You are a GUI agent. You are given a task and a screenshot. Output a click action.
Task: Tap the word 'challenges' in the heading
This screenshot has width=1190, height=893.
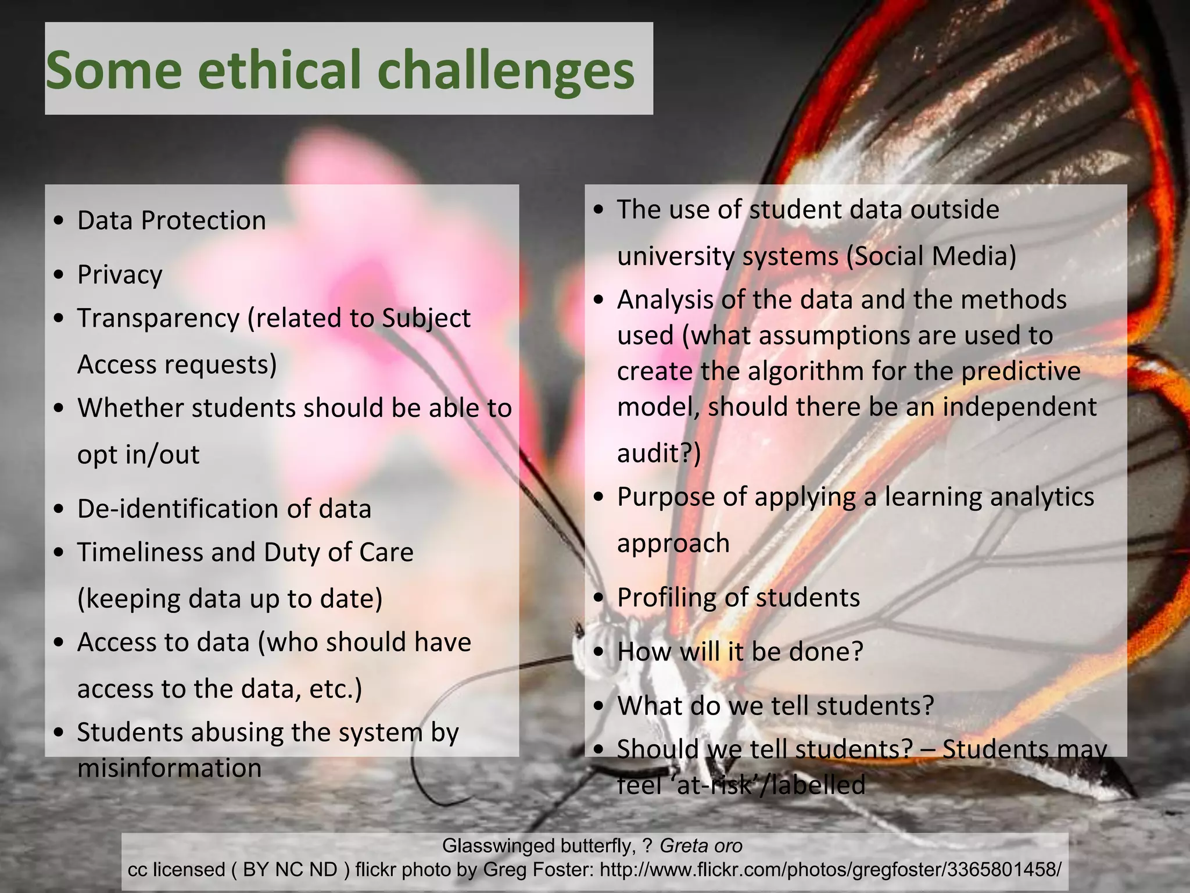pyautogui.click(x=506, y=71)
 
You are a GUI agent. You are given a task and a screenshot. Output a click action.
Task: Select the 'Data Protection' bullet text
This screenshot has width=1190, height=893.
pyautogui.click(x=171, y=221)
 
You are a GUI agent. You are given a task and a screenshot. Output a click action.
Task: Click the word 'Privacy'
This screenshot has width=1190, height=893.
pyautogui.click(x=120, y=274)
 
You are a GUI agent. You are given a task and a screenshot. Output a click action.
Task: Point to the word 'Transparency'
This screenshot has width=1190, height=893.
pyautogui.click(x=158, y=319)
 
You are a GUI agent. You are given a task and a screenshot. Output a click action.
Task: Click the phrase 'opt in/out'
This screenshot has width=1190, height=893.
pyautogui.click(x=138, y=455)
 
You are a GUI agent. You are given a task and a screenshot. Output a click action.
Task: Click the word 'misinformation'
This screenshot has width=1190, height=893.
pyautogui.click(x=169, y=768)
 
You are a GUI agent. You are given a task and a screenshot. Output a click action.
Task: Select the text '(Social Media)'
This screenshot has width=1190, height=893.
pyautogui.click(x=931, y=256)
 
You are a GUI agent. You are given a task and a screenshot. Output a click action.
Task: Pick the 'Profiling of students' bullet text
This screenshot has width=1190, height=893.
pyautogui.click(x=738, y=598)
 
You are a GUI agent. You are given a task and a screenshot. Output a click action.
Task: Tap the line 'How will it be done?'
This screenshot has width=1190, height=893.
pyautogui.click(x=740, y=652)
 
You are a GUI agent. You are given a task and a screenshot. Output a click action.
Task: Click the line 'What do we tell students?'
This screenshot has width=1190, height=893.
pyautogui.click(x=775, y=706)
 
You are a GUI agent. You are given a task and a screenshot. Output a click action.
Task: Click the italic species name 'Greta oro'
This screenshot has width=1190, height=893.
pyautogui.click(x=701, y=845)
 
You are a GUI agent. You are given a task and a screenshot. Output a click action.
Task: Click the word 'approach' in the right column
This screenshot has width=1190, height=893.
pyautogui.click(x=673, y=544)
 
